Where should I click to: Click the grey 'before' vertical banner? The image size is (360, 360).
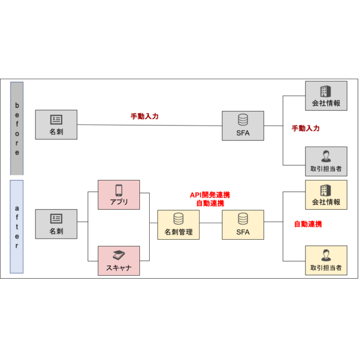click(17, 129)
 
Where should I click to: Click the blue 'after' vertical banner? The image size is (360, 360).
click(16, 227)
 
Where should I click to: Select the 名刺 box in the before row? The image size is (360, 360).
click(56, 124)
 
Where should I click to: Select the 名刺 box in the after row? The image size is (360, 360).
click(56, 224)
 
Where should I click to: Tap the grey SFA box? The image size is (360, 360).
click(243, 126)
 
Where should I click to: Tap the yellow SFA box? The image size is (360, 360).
click(243, 225)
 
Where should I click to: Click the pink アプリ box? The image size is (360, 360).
click(119, 195)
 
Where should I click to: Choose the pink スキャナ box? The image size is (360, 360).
click(119, 261)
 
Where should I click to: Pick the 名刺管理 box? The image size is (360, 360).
click(178, 225)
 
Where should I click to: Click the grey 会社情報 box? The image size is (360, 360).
click(326, 96)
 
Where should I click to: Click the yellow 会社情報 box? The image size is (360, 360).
click(326, 195)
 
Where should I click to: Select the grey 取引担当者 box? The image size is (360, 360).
click(326, 161)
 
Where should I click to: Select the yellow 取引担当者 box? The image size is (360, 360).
click(326, 260)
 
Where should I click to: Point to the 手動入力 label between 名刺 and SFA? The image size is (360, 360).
click(145, 116)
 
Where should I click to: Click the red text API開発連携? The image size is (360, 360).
click(210, 195)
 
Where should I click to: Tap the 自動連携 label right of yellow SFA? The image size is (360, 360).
click(308, 224)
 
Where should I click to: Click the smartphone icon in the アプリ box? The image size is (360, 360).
click(119, 190)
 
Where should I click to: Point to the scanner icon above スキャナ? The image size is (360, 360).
click(119, 255)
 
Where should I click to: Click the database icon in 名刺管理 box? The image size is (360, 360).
click(178, 219)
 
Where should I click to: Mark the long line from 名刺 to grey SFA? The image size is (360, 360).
click(150, 125)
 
